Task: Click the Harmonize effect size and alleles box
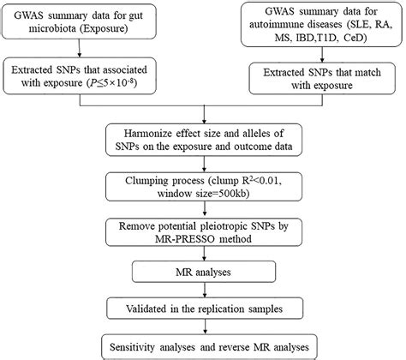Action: pyautogui.click(x=205, y=140)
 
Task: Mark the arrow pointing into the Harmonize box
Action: pyautogui.click(x=205, y=116)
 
